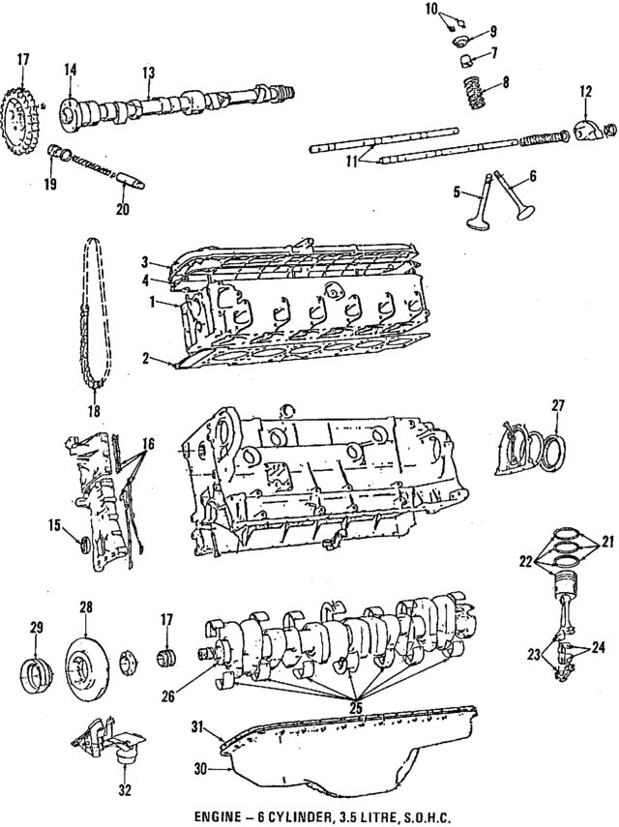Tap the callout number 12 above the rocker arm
[585, 92]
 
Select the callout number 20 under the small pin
[122, 209]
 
